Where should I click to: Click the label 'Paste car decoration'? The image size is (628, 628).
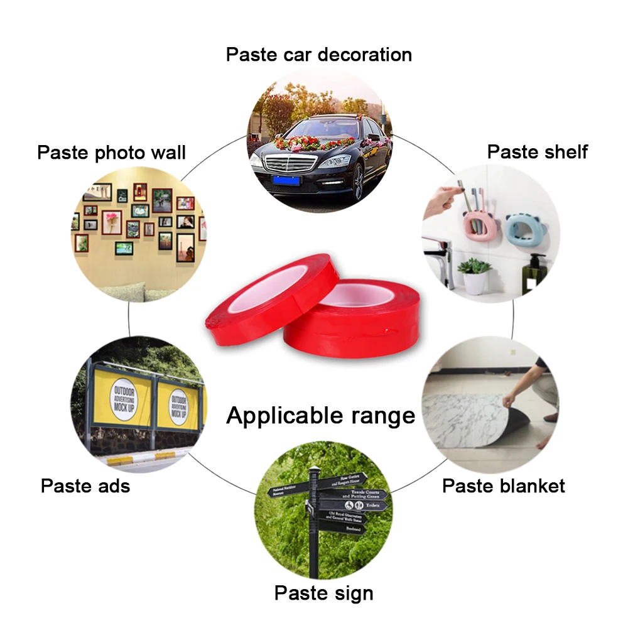tap(318, 54)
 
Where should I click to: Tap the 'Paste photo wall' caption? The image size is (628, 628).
tap(112, 152)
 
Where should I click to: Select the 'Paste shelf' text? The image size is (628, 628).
tap(538, 151)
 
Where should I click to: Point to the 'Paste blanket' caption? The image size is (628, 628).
tap(504, 485)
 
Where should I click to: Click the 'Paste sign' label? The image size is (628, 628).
tap(323, 593)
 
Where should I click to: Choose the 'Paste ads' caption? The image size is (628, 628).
tap(85, 485)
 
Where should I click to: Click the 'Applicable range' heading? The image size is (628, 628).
tap(320, 416)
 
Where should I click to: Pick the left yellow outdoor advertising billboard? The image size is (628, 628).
tap(122, 403)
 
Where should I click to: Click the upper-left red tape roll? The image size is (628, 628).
tap(270, 289)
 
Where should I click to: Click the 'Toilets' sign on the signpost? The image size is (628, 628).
tap(355, 504)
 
